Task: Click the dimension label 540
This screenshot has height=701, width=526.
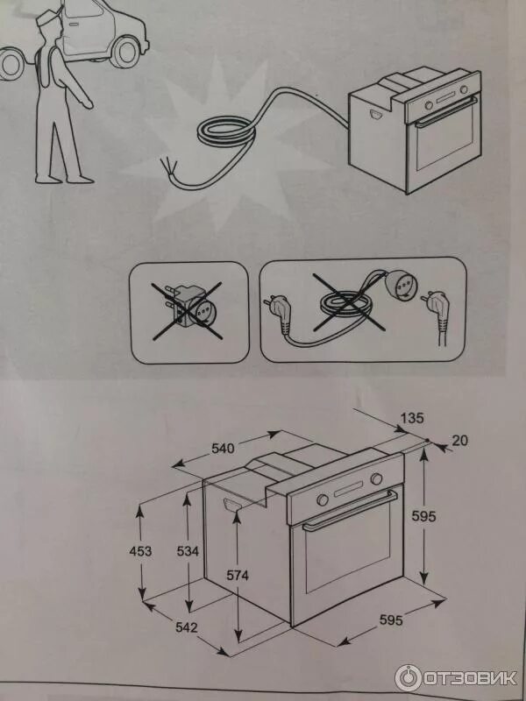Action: pos(223,449)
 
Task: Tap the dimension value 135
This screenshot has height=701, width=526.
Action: pos(411,418)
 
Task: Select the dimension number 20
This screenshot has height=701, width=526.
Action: pos(459,441)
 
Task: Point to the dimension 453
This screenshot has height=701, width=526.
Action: pos(140,551)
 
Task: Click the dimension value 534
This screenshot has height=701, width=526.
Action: pos(188,551)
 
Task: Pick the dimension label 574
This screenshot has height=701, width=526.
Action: pos(237,576)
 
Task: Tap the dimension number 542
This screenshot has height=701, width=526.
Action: pos(187,627)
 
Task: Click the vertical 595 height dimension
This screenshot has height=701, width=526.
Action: pos(423,516)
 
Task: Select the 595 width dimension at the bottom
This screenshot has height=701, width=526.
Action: pos(391,620)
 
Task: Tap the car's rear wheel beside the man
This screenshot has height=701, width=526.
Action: pos(125,52)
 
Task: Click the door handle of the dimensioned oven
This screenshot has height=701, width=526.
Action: pos(350,510)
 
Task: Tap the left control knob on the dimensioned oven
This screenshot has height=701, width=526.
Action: pos(323,499)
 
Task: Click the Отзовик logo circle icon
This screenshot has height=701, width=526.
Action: pos(408,677)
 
